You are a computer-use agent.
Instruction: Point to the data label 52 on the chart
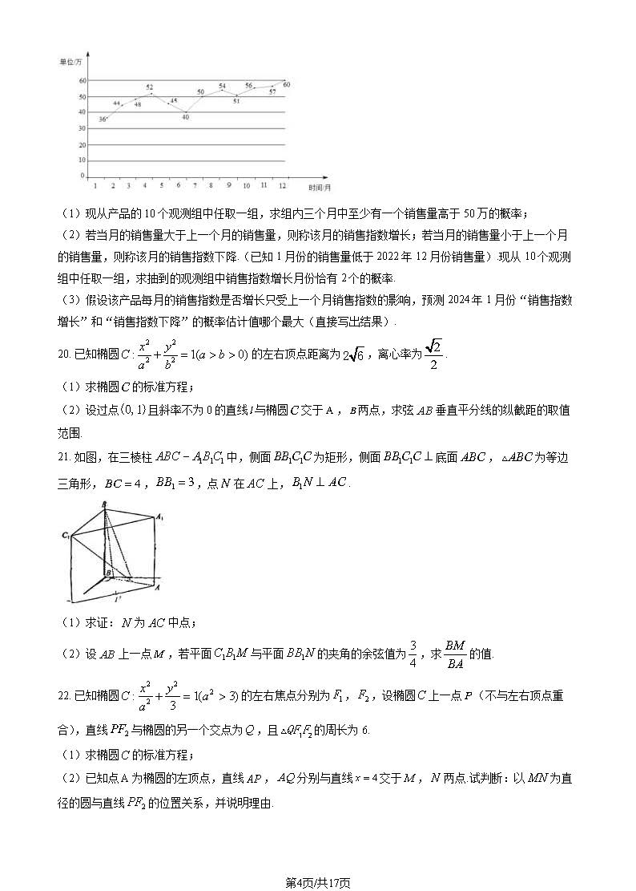tap(150, 87)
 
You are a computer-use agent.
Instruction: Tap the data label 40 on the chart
tap(185, 117)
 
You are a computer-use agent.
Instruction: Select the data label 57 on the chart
tap(272, 92)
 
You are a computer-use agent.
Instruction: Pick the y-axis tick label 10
tap(82, 160)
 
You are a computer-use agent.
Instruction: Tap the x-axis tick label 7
tap(195, 186)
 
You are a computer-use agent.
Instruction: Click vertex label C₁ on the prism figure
tap(65, 534)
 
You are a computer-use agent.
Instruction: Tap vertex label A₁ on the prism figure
tap(160, 517)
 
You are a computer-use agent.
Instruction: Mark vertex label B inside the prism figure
tap(108, 572)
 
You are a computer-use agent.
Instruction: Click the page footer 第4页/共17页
tap(318, 882)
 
